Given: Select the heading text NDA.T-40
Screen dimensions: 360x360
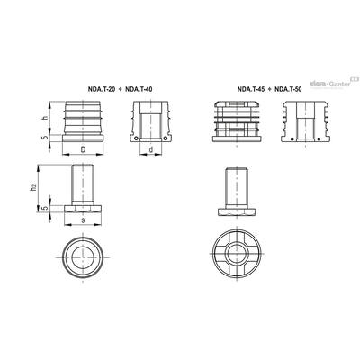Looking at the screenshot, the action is pyautogui.click(x=139, y=89).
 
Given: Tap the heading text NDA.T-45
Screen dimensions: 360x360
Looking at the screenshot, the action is pyautogui.click(x=251, y=89).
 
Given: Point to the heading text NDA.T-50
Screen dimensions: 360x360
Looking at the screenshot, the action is pyautogui.click(x=288, y=89).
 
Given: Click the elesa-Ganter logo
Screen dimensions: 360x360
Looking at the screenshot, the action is pyautogui.click(x=334, y=83).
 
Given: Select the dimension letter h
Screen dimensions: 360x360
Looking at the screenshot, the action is pyautogui.click(x=45, y=118).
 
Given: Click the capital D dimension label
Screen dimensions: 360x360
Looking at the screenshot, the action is pyautogui.click(x=83, y=149).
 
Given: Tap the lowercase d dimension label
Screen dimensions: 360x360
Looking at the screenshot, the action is pyautogui.click(x=151, y=149).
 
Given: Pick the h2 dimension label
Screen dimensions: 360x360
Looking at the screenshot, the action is pyautogui.click(x=34, y=188).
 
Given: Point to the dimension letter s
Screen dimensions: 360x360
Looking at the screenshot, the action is pyautogui.click(x=83, y=220).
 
